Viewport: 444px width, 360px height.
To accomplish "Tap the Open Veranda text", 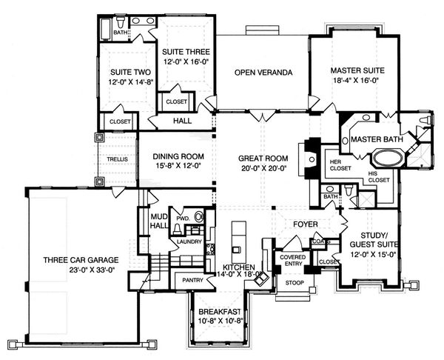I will click(260, 73).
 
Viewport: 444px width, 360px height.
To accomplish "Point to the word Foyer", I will click(305, 221).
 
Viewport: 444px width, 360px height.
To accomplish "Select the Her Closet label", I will click(335, 163).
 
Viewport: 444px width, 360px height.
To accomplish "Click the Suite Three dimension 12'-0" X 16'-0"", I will click(186, 64).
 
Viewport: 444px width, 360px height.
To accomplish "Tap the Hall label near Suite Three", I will click(182, 120).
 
